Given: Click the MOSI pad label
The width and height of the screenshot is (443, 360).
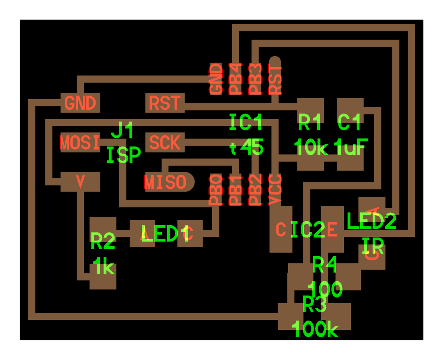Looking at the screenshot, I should (80, 143).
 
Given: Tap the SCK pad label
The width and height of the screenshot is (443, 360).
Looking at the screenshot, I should (165, 143).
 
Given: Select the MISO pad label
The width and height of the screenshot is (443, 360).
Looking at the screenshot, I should (165, 182).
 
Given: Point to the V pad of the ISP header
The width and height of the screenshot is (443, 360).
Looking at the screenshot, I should (80, 181).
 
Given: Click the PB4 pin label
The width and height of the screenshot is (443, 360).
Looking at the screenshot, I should (236, 79).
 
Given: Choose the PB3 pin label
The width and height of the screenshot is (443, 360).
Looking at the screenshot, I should (255, 79).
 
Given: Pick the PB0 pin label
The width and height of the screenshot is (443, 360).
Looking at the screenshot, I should (216, 190).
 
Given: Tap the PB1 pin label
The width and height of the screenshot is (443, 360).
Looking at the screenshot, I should (236, 190).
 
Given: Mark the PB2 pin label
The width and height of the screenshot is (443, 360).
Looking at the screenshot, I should (255, 190).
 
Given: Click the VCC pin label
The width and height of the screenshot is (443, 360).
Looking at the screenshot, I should (275, 190).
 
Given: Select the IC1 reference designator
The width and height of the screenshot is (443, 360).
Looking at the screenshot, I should (245, 122).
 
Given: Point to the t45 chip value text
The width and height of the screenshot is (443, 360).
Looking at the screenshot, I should (246, 148).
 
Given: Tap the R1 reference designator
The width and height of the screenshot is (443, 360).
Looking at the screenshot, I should (310, 122).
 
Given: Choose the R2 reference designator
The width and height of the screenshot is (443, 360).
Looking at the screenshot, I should (103, 242).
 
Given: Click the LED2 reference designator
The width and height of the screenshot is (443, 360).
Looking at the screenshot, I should (371, 221).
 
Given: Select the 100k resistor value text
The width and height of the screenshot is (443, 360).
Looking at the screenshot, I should (315, 329).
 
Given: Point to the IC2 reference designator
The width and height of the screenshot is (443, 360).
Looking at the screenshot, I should (308, 230).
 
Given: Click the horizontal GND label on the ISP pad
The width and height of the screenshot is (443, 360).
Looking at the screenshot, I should (80, 103).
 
